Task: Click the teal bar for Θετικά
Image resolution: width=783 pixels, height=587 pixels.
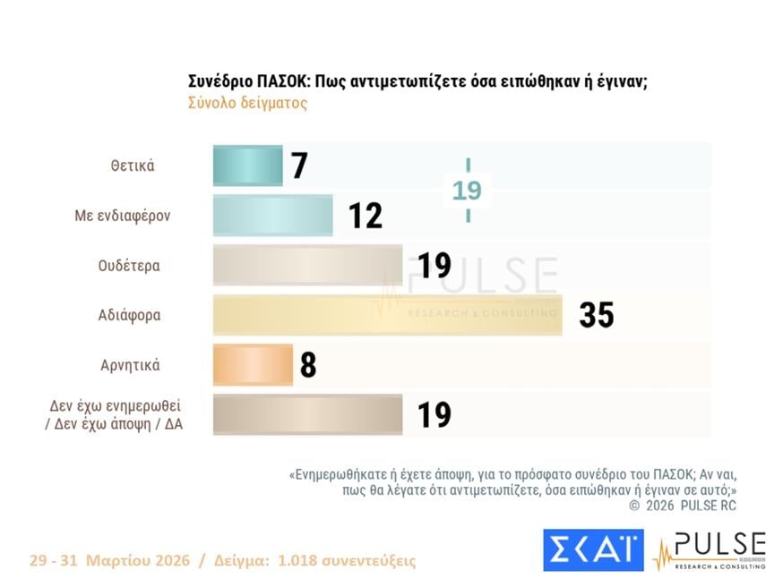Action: tap(247, 166)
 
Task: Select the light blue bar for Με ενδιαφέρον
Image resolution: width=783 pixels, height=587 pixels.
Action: tap(272, 216)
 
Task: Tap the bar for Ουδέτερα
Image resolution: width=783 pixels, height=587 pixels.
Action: tap(307, 266)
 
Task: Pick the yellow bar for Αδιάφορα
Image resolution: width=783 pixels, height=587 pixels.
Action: tap(387, 315)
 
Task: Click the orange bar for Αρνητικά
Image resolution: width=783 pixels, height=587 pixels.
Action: tap(253, 365)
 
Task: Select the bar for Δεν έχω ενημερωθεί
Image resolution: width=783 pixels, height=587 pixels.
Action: tap(307, 414)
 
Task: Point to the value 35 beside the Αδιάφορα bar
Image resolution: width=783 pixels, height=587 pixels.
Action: tap(596, 315)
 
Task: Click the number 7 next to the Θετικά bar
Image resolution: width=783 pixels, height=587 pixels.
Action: tap(299, 166)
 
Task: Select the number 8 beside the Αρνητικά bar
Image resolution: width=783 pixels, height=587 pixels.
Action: tap(308, 365)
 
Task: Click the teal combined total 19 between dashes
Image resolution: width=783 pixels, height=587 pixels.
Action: tap(467, 191)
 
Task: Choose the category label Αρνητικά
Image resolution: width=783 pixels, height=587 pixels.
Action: tap(131, 365)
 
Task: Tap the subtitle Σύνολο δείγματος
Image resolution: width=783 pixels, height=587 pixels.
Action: tap(247, 103)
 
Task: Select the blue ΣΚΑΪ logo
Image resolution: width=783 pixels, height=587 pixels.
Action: tap(593, 549)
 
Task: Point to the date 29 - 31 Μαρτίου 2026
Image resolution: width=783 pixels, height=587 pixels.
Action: tap(109, 561)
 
